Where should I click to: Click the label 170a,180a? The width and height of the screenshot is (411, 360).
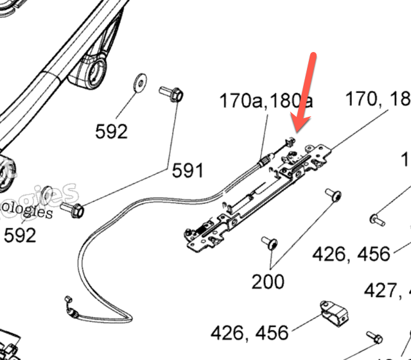coord(267,101)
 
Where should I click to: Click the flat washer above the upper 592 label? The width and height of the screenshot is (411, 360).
coord(139,81)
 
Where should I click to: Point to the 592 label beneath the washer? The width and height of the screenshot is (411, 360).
coord(111,132)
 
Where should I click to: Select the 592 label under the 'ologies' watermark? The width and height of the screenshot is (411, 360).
coord(21,236)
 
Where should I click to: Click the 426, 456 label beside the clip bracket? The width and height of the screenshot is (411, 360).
coord(250,333)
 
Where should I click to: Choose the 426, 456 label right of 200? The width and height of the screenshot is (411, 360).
coord(351,254)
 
